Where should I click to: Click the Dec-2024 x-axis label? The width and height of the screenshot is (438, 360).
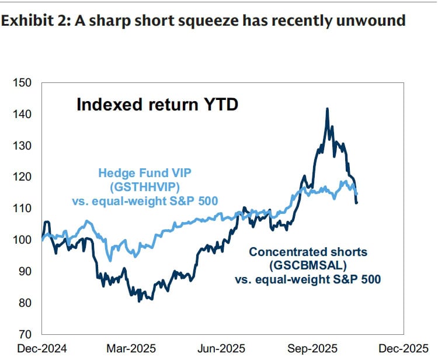tap(42, 349)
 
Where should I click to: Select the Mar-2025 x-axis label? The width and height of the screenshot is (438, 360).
tap(132, 349)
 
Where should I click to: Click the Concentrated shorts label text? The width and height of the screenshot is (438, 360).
tap(308, 252)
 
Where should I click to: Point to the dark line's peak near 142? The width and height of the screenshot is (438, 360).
tap(327, 109)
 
